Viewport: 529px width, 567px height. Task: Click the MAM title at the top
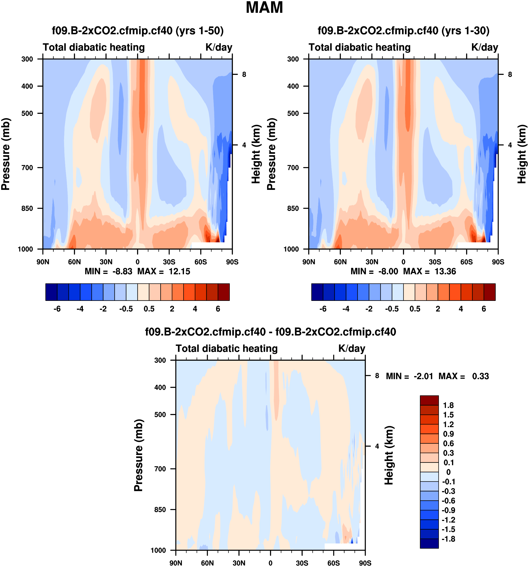(x=264, y=8)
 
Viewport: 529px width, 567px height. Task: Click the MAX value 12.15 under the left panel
(x=179, y=271)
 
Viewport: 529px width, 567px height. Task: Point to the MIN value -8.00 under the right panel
(x=388, y=271)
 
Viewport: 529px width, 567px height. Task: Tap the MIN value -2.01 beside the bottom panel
(x=423, y=376)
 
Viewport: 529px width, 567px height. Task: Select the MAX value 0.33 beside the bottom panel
(x=480, y=376)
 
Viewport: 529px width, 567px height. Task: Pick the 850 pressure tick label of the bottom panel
(x=160, y=510)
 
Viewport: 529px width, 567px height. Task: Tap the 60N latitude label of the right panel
(x=340, y=262)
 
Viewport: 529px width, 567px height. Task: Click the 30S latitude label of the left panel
(x=169, y=262)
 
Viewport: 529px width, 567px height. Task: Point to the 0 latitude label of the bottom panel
(x=270, y=563)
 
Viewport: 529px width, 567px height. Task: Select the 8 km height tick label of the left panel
(x=244, y=74)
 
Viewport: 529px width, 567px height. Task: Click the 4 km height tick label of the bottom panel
(x=377, y=446)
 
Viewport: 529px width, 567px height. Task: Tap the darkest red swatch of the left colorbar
(x=224, y=292)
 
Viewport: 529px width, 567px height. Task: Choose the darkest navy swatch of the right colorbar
(x=317, y=292)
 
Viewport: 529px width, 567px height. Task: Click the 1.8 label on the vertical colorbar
(x=448, y=405)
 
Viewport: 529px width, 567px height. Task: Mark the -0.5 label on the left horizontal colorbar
(x=126, y=309)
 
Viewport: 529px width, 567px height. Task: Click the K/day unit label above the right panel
(x=484, y=47)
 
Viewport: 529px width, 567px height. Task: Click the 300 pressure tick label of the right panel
(x=293, y=59)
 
